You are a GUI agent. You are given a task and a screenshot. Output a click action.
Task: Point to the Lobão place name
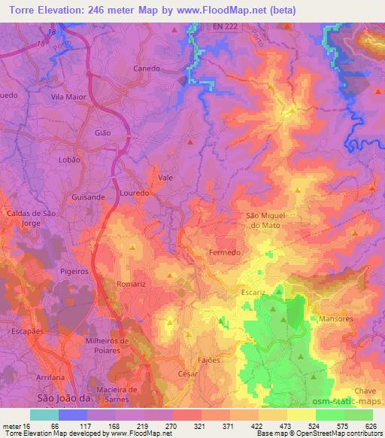(68, 160)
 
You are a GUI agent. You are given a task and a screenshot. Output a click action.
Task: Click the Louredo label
(135, 193)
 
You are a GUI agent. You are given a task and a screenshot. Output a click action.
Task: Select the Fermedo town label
(225, 252)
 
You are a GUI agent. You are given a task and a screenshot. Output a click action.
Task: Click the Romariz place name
(132, 284)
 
